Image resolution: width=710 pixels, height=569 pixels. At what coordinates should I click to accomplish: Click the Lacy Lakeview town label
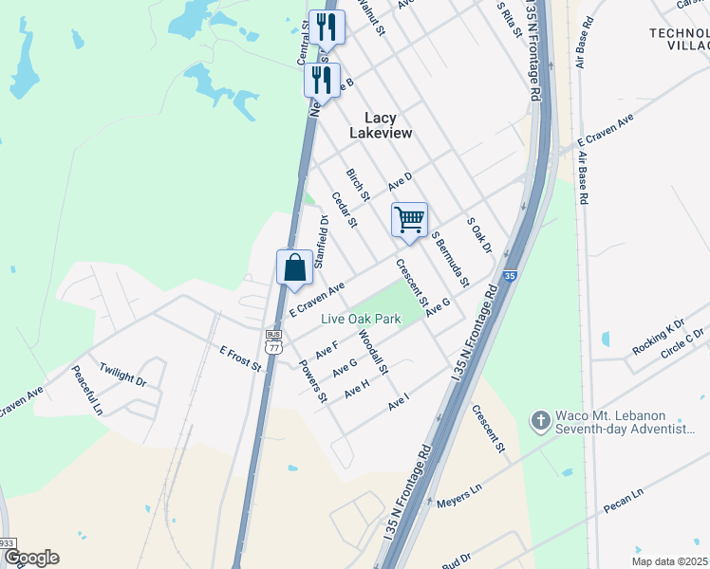(x=381, y=125)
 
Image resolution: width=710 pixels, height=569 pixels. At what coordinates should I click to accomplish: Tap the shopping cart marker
(x=409, y=220)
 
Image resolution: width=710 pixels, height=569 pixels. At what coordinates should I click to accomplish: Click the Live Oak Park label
(x=360, y=320)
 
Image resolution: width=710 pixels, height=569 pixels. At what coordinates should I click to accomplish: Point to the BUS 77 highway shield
(x=273, y=341)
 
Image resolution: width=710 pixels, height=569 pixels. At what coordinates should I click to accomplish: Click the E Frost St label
(x=239, y=358)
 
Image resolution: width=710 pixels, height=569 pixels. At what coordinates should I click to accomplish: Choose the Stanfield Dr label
(x=321, y=241)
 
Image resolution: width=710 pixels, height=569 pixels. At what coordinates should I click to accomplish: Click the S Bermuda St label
(x=450, y=258)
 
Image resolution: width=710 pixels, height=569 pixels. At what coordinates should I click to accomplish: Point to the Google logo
(x=31, y=558)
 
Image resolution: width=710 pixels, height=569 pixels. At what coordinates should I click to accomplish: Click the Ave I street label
(x=398, y=403)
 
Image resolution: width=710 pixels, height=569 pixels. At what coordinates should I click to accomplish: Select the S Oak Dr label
(x=479, y=235)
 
